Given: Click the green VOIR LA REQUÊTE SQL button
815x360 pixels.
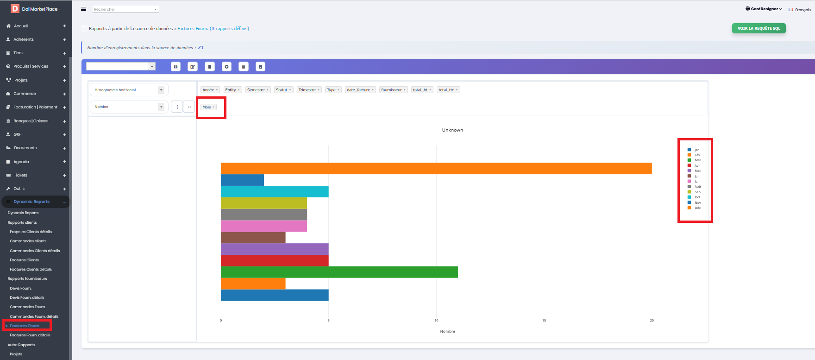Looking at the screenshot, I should (x=759, y=28).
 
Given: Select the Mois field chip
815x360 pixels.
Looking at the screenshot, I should (x=208, y=107).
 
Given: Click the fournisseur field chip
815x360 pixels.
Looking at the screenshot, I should (x=393, y=90).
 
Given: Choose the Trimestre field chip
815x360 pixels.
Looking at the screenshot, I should (x=309, y=90).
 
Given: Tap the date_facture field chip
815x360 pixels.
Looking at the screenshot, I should (x=360, y=90).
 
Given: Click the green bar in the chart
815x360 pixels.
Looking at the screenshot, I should (x=339, y=272).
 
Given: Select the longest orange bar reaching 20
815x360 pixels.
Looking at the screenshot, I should (x=436, y=169).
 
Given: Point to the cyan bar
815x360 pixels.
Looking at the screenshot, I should (x=275, y=191).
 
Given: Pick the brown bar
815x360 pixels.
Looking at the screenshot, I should (x=253, y=238).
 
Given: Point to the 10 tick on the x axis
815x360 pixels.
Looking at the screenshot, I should (x=436, y=320).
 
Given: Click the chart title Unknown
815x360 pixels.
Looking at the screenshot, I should (x=452, y=130).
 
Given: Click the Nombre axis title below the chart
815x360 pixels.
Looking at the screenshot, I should (x=447, y=331).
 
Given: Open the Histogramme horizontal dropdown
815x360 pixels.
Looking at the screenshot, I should (x=129, y=90).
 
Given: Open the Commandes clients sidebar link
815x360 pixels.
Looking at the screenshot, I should (x=28, y=241).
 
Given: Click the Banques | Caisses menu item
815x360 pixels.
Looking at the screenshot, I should (x=31, y=121).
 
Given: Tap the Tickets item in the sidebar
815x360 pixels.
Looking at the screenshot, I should (x=20, y=175).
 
